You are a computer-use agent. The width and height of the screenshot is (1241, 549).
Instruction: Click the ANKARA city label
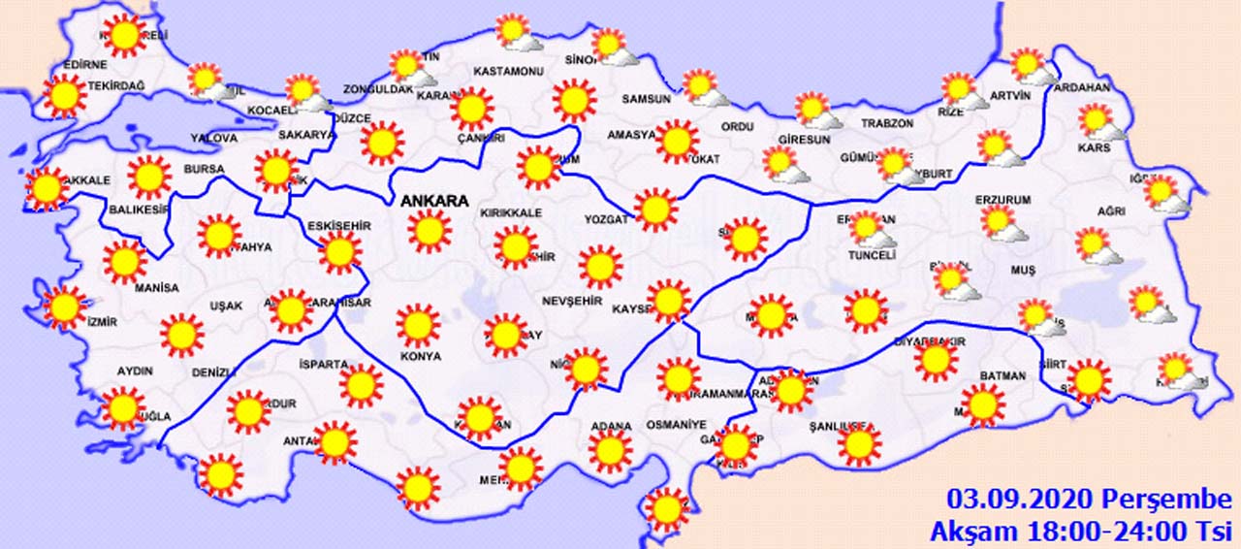pos(434,202)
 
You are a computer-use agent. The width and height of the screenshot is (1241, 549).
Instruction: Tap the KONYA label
pos(420,356)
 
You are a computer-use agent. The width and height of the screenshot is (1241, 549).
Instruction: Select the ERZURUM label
pos(1003,200)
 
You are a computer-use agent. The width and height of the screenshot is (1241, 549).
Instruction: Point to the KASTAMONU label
pos(507,72)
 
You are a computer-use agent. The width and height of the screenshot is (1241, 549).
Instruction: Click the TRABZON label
pos(887,124)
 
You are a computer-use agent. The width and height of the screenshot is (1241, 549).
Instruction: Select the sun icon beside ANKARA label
pos(430,232)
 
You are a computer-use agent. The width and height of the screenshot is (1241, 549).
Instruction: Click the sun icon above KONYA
pos(419,326)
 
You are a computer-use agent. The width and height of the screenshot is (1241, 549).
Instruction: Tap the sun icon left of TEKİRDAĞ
pos(64,96)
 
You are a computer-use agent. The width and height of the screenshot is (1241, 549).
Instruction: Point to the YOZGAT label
pos(606,219)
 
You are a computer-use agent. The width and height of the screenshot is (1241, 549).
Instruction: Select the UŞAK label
pos(226,306)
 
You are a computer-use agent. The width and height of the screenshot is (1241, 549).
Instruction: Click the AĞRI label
pos(1111,211)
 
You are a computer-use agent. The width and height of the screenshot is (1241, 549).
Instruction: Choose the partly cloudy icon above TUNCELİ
pos(869,230)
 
